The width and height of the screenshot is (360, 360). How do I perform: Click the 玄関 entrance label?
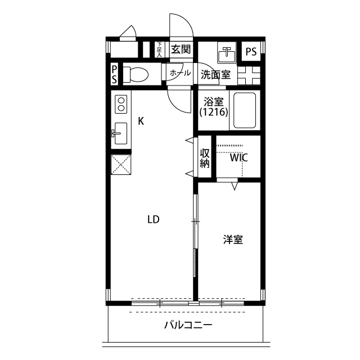click(181, 49)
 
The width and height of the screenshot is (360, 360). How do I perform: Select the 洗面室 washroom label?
click(215, 74)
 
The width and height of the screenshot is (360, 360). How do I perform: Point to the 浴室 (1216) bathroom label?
click(213, 107)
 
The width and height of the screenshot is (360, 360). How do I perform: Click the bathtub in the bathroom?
click(244, 111)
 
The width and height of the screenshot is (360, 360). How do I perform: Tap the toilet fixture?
click(136, 74)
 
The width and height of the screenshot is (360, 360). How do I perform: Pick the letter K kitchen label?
click(141, 120)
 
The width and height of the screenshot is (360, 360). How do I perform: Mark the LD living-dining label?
click(153, 219)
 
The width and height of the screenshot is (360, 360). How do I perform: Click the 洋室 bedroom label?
click(233, 240)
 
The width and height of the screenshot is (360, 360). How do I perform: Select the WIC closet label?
click(238, 158)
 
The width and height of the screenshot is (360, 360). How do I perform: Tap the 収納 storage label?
click(205, 158)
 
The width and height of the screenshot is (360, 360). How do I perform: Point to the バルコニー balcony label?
click(188, 325)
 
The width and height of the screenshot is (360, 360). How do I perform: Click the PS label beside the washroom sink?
click(251, 52)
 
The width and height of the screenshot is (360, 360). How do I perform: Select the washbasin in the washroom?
click(228, 53)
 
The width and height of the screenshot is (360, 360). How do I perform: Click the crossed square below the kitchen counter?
click(120, 165)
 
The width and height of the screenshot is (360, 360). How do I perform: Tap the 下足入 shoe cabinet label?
click(159, 49)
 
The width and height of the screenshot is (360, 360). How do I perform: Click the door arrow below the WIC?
click(235, 185)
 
